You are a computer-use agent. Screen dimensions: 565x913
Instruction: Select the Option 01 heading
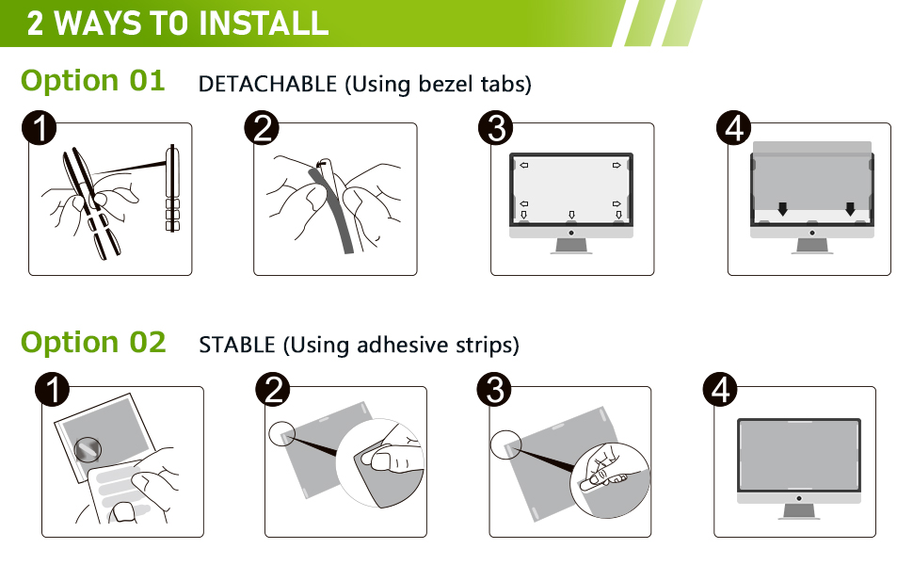(x=93, y=81)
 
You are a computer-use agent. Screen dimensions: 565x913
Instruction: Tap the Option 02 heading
(x=93, y=342)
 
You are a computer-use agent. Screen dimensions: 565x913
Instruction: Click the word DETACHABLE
(x=267, y=84)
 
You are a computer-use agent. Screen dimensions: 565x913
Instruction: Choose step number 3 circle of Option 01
(x=495, y=128)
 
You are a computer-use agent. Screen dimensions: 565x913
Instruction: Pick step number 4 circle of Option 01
(x=733, y=128)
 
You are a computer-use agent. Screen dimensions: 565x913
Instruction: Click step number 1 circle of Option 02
(x=52, y=390)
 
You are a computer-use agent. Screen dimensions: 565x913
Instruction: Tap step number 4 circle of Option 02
(x=721, y=390)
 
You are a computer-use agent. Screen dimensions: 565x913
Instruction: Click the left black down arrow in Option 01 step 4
(x=782, y=209)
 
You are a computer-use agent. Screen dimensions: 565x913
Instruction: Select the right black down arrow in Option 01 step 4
(x=850, y=209)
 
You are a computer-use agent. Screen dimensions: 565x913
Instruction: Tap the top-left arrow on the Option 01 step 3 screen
(x=524, y=166)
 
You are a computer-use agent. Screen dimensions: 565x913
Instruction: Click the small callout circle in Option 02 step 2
(x=281, y=433)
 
